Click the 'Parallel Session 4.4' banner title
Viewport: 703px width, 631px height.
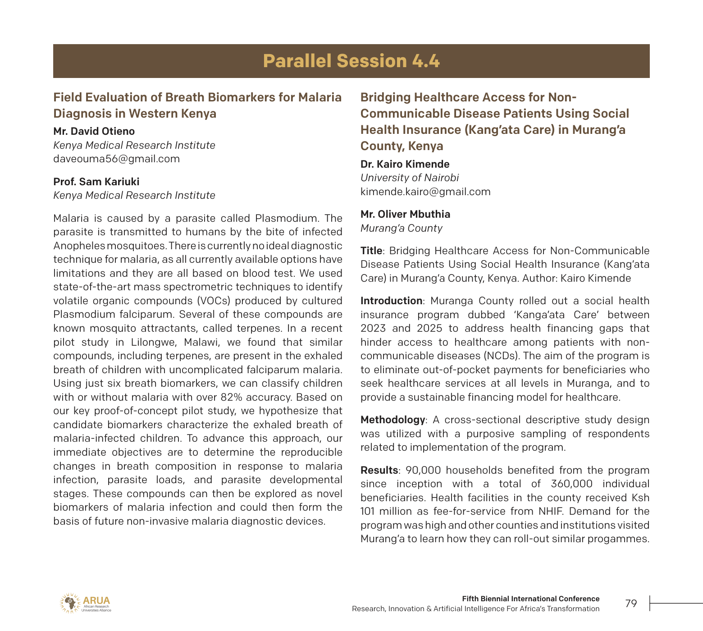click(x=351, y=61)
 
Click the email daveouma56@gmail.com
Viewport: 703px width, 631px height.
click(x=116, y=159)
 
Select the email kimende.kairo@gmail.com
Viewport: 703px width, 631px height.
click(x=425, y=192)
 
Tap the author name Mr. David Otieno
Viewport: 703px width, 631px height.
click(x=94, y=132)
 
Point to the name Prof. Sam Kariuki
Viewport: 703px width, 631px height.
click(x=96, y=182)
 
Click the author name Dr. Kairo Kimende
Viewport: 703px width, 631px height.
click(x=405, y=165)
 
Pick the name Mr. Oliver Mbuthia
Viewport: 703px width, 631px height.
click(x=405, y=215)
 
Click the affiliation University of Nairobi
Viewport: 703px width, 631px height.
click(x=409, y=178)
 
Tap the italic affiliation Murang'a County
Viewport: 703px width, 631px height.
click(x=401, y=229)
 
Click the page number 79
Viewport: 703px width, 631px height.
click(x=631, y=604)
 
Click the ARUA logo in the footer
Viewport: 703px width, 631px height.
click(x=85, y=603)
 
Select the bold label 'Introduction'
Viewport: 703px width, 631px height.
click(x=391, y=301)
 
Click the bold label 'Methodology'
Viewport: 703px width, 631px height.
click(x=392, y=420)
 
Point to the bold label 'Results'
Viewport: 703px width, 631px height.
click(x=379, y=471)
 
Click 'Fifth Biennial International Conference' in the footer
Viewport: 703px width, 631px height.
click(x=530, y=599)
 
